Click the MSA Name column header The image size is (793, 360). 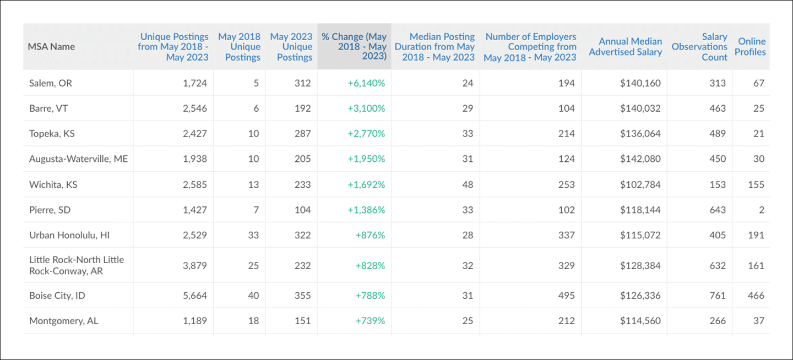[x=51, y=47]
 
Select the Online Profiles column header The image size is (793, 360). [x=751, y=47]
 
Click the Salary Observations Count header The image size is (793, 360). [x=699, y=47]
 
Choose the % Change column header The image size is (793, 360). [x=354, y=47]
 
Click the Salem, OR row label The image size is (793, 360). [x=51, y=83]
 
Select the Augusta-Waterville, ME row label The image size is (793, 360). [x=78, y=159]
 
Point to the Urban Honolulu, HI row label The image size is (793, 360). [x=69, y=235]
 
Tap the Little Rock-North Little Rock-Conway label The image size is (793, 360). [x=77, y=265]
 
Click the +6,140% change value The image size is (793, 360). [x=366, y=83]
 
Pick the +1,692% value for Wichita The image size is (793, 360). [x=366, y=184]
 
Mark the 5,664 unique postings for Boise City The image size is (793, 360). [x=195, y=296]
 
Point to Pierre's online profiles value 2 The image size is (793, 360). [x=761, y=210]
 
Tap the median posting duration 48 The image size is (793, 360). [x=468, y=184]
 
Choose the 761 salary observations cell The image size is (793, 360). [x=718, y=296]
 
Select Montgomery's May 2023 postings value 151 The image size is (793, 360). [x=302, y=321]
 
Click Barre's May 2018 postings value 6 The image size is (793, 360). [x=256, y=108]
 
